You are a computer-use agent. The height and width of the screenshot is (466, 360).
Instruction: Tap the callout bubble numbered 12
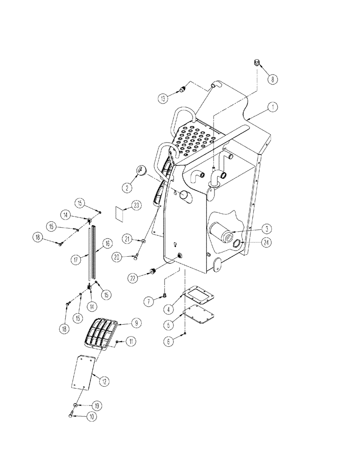tap(104, 381)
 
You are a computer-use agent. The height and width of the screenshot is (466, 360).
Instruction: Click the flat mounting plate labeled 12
tap(84, 372)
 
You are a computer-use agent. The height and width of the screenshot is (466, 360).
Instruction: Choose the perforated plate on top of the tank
tap(194, 139)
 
